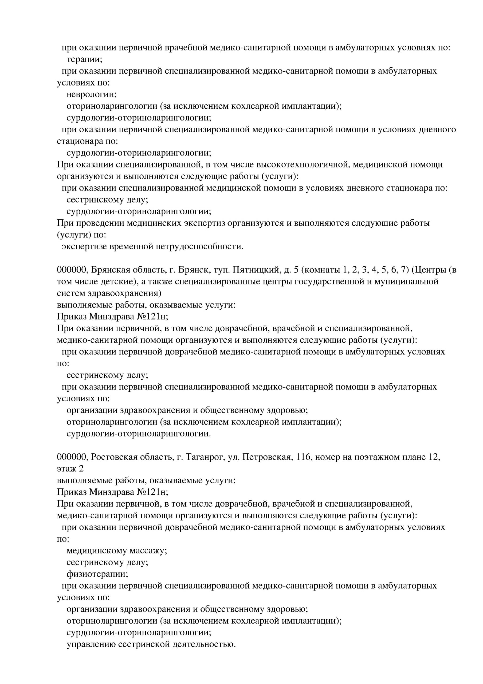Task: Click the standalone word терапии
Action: coord(84,60)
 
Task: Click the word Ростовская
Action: coord(111,457)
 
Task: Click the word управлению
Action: coord(91,644)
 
